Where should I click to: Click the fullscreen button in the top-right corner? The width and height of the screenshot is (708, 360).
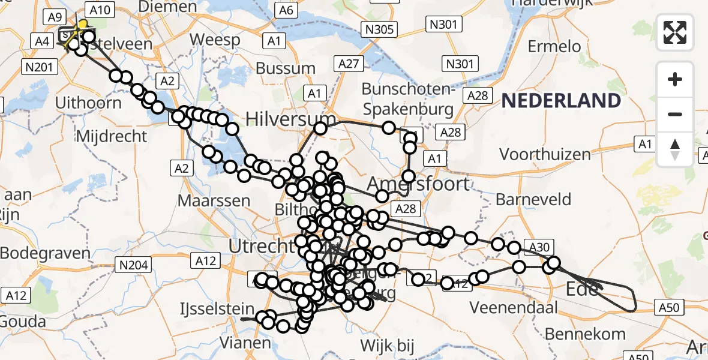675,32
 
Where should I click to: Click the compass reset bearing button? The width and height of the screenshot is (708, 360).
675,149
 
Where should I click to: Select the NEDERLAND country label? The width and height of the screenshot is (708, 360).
561,100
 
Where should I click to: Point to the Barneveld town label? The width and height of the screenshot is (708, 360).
534,199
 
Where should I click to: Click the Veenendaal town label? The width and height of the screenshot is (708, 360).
514,308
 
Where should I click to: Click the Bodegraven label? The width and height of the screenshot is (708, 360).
45,253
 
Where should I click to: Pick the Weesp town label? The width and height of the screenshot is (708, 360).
215,40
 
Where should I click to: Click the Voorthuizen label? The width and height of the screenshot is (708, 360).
545,154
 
